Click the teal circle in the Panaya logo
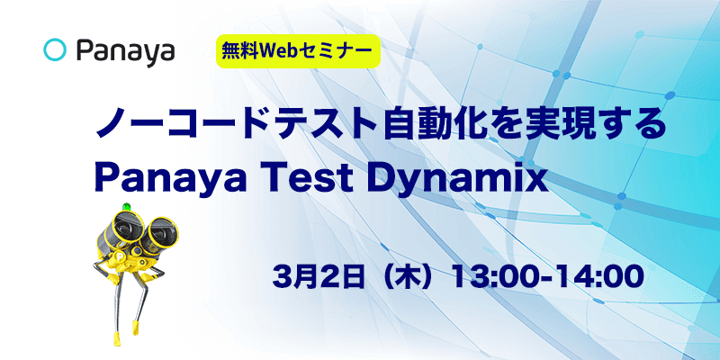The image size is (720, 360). coord(56,50)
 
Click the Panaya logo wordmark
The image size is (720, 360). coord(125,52)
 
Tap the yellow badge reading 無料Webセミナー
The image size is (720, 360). coord(298,51)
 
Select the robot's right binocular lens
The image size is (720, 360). coord(160,234)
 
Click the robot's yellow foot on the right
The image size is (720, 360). coord(136,326)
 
